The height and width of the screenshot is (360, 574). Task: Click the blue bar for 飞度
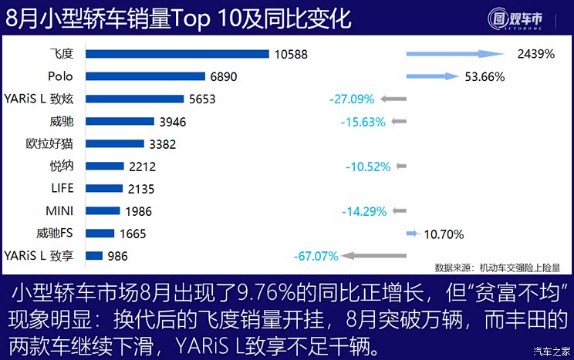pos(177,53)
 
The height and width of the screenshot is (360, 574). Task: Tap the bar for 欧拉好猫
pos(114,143)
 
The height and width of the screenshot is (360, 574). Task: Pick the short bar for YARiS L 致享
pos(93,256)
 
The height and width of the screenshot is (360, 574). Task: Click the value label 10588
pos(289,54)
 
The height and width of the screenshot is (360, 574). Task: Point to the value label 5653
pos(202,99)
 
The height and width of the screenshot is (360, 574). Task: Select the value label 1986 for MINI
pos(137,211)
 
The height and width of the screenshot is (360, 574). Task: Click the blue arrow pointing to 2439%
pos(454,54)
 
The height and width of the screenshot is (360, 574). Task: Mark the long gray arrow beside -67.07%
pos(373,256)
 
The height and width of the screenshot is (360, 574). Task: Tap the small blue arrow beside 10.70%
pos(411,233)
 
